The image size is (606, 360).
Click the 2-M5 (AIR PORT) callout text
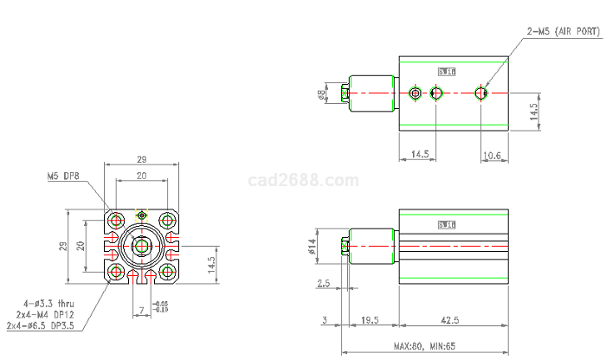coord(562,31)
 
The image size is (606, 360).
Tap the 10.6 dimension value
coord(492,155)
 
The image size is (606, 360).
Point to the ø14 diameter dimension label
coord(312,248)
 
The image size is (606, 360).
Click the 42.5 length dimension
coord(450,320)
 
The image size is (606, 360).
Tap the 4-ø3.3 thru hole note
coord(46,304)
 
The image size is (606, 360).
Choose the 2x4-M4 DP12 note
coord(45,314)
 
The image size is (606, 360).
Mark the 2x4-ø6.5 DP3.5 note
coord(40,325)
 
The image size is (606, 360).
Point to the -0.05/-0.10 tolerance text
coord(161,306)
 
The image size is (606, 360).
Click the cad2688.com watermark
coord(302,181)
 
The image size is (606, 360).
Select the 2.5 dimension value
coord(324,283)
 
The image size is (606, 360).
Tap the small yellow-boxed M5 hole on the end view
coord(141,214)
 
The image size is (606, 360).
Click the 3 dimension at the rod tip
coord(325,320)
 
